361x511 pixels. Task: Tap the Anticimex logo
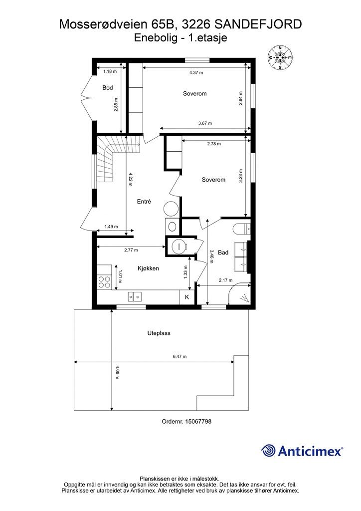[302, 451]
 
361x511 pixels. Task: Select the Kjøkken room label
[149, 268]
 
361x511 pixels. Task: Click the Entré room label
[144, 202]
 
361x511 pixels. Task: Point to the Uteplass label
[159, 333]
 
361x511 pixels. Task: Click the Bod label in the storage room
[107, 87]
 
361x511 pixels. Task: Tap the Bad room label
[223, 252]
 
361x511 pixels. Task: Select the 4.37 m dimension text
[196, 73]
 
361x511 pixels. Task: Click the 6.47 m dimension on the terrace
[180, 356]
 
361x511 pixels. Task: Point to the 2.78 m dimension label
[214, 144]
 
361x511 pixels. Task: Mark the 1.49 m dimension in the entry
[111, 227]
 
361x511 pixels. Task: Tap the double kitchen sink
[135, 296]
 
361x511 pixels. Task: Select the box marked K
[187, 297]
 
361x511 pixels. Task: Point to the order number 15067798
[186, 421]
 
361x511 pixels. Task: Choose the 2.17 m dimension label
[225, 280]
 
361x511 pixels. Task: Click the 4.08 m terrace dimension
[117, 372]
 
